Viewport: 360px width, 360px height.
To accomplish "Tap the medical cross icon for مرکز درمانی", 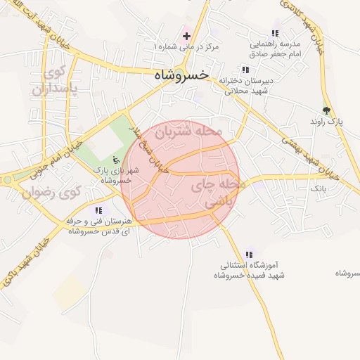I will [x=186, y=35].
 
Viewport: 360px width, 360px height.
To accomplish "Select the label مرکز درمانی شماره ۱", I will [x=186, y=46].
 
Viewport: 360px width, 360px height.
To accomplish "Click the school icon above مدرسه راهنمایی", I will [x=275, y=33].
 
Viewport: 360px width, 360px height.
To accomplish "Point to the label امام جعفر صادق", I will [x=276, y=53].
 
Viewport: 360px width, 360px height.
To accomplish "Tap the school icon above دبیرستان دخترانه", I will [x=245, y=70].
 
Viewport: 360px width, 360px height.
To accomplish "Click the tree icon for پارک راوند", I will [x=326, y=110].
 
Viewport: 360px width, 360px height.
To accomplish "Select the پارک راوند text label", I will [x=326, y=122].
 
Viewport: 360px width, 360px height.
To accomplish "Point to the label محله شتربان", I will [x=188, y=131].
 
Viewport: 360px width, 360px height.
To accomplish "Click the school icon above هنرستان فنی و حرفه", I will [x=98, y=210].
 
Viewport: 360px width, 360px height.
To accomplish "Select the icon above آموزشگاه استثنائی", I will [x=248, y=255].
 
